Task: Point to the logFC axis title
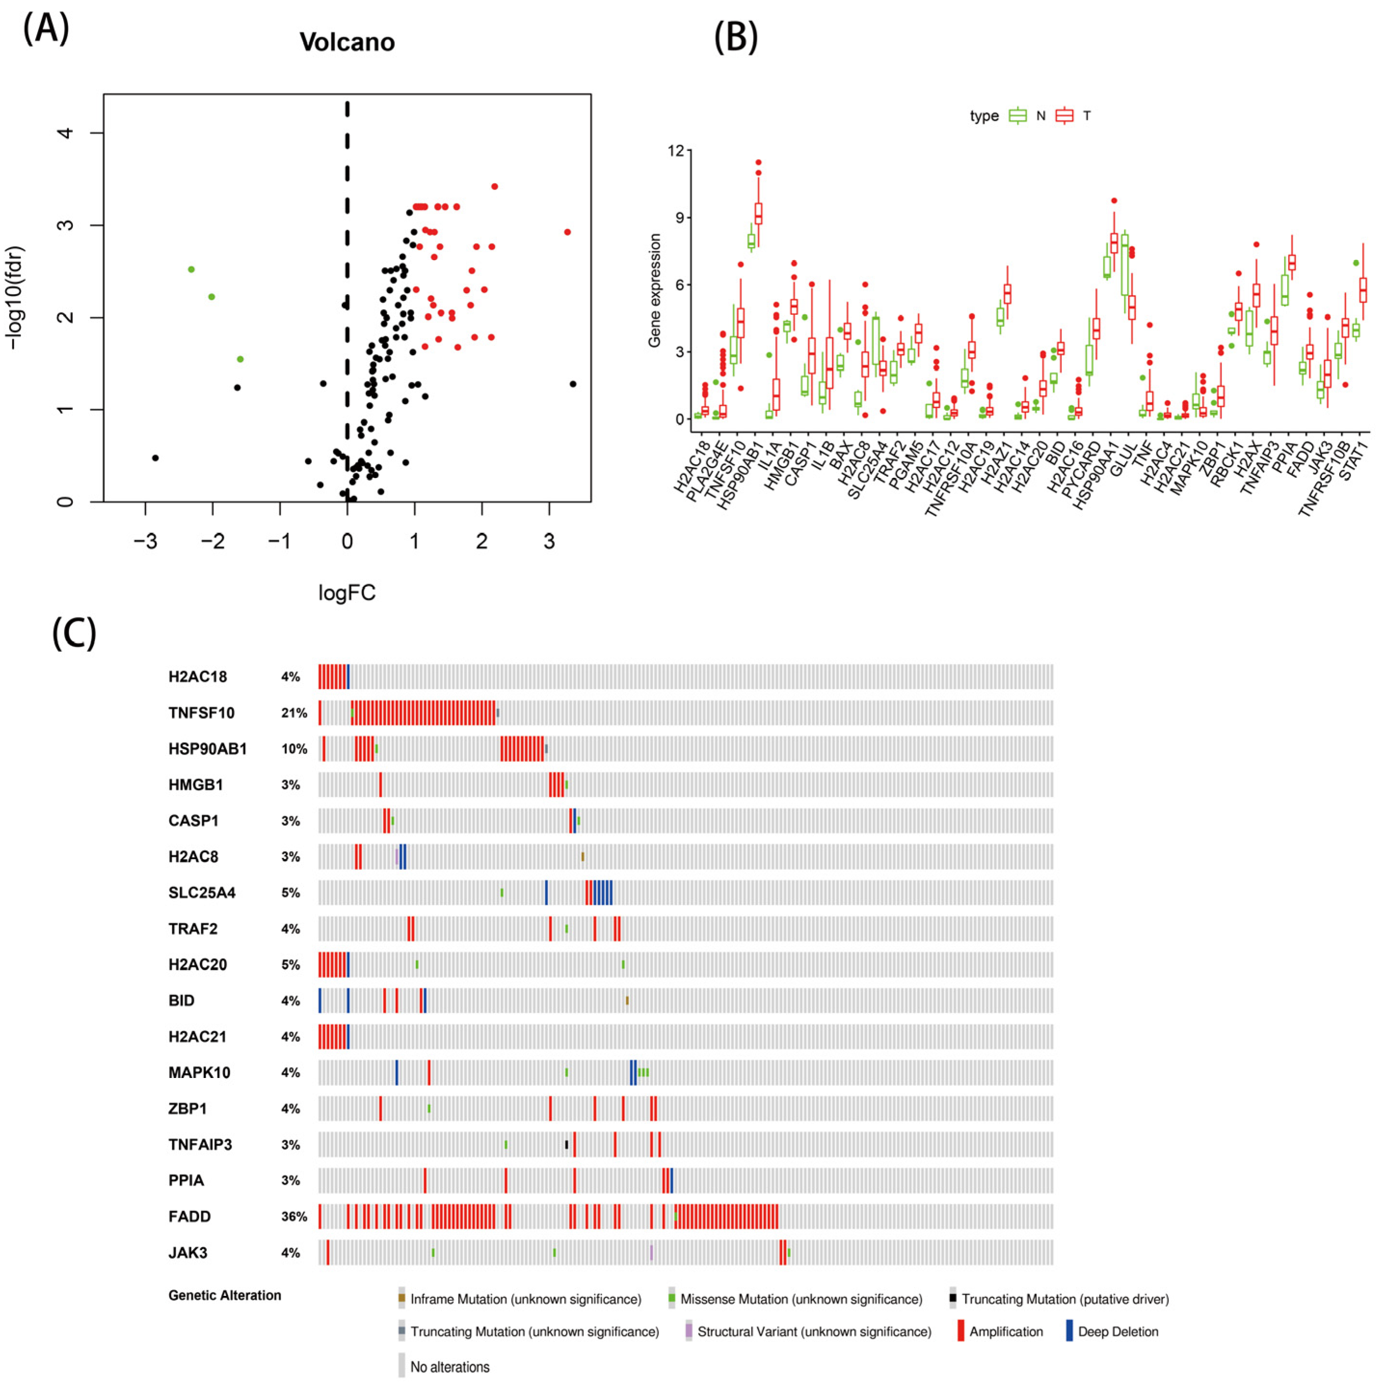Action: point(347,593)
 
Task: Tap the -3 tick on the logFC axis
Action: point(145,541)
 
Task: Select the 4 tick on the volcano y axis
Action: point(66,133)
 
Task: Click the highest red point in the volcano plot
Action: point(494,187)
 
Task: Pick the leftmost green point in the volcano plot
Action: point(191,269)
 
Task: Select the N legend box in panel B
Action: point(1017,116)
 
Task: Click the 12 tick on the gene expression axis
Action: point(675,151)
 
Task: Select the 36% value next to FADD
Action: point(294,1216)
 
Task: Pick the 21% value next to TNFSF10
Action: point(294,713)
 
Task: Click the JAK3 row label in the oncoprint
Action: point(188,1253)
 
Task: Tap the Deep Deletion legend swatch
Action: point(1069,1331)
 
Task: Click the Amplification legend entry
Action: point(1005,1332)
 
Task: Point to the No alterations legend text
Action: point(449,1367)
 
